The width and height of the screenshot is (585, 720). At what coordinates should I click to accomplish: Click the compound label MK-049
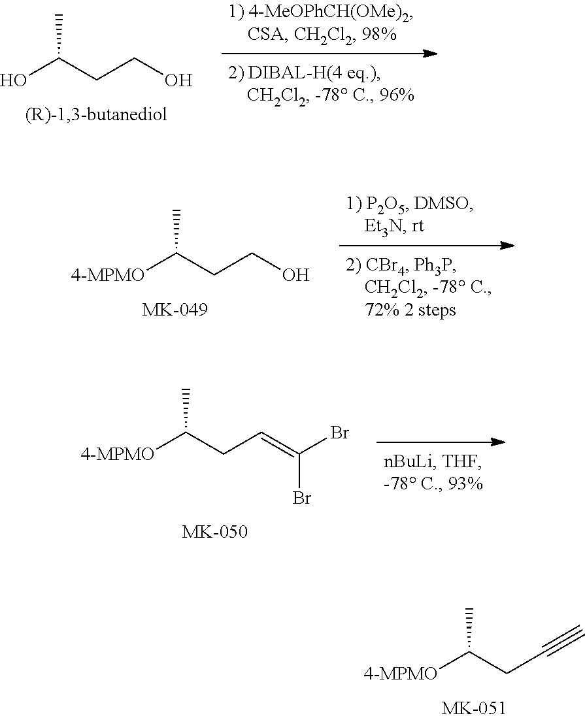tap(175, 309)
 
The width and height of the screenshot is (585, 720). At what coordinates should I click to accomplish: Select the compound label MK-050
tap(215, 532)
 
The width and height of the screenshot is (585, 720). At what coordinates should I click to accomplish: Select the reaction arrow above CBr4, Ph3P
tap(427, 246)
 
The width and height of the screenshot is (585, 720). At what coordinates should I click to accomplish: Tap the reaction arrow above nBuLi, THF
tap(441, 442)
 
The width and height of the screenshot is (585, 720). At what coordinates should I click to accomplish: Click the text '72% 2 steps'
tap(410, 310)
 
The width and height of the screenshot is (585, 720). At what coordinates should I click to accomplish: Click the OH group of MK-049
tap(295, 276)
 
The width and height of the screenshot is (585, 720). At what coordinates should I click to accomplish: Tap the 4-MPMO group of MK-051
tap(400, 674)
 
